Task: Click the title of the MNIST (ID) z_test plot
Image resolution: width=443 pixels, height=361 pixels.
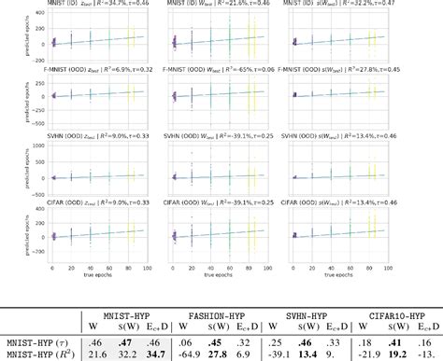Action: coord(92,6)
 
